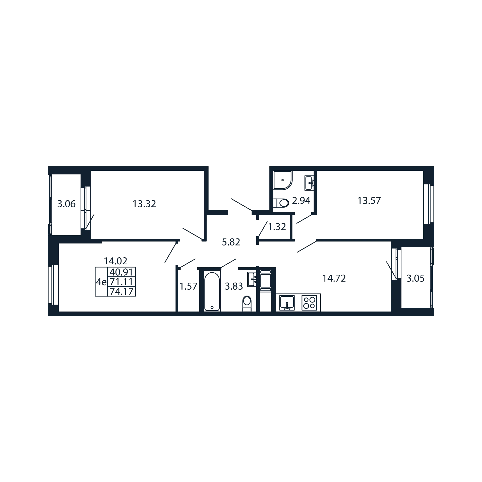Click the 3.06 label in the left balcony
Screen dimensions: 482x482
coord(66,204)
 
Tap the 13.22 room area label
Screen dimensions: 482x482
coord(145,204)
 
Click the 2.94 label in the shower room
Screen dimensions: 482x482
coord(301,201)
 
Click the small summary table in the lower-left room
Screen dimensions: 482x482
coord(116,282)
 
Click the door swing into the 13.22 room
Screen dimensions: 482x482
coord(193,234)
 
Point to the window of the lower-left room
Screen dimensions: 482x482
coord(54,286)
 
